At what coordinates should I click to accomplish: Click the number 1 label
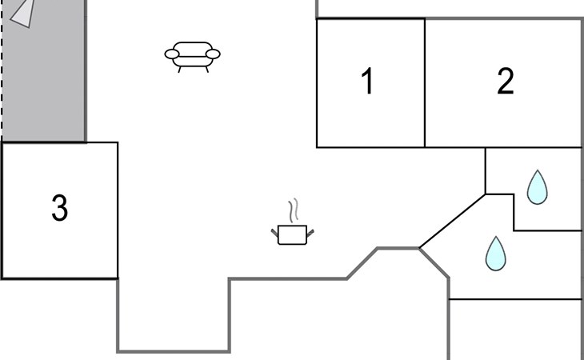pos(368,82)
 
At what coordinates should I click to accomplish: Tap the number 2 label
pos(505,82)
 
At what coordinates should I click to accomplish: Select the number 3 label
pos(59,208)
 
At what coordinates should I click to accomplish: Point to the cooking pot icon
pos(292,234)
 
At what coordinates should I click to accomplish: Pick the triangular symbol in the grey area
pos(23,12)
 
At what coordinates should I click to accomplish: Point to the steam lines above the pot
pos(294,210)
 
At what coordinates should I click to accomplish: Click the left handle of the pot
pos(275,232)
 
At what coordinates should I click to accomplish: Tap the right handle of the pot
pos(310,232)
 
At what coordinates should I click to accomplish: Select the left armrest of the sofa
pos(171,54)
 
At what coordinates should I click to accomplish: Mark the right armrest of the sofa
pos(213,54)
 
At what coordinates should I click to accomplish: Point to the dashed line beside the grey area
pos(2,72)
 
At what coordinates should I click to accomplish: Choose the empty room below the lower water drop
pos(514,328)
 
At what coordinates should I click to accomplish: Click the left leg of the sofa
pos(180,69)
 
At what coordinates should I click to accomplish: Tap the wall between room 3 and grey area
pos(44,142)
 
